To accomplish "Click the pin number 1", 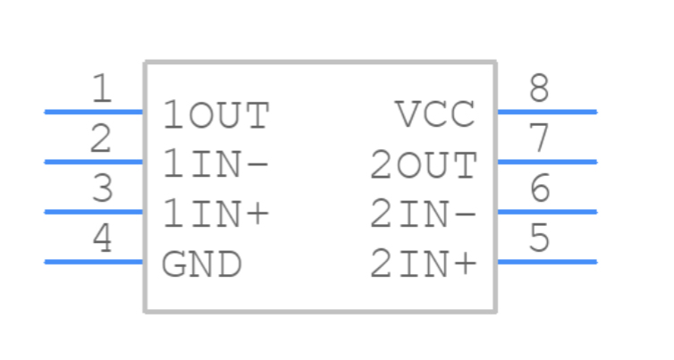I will click(x=103, y=89).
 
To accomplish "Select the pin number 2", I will click(x=102, y=139).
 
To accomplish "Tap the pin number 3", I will click(x=103, y=189).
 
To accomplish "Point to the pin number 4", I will click(x=103, y=239).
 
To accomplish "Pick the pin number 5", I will click(x=538, y=239).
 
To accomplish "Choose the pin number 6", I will click(x=538, y=189).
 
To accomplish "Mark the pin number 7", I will click(x=538, y=139).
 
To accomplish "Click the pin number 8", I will click(x=538, y=89).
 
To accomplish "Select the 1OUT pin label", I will click(x=215, y=116).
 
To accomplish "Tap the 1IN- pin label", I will click(x=215, y=165).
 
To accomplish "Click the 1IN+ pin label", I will click(x=215, y=214).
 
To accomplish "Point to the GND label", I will click(x=201, y=264).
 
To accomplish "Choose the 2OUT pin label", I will click(x=424, y=165).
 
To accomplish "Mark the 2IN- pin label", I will click(x=424, y=214).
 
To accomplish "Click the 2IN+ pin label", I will click(x=424, y=264).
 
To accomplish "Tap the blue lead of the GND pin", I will click(x=94, y=262).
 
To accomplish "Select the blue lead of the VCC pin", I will click(x=546, y=112).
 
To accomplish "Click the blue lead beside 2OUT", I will click(x=546, y=162).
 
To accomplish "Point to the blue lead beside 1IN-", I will click(x=94, y=162).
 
